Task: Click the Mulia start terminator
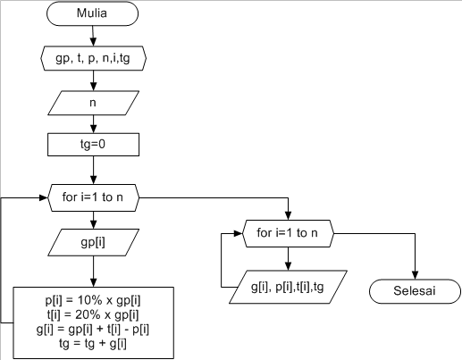(x=93, y=15)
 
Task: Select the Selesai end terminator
(x=415, y=291)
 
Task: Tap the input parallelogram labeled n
(x=93, y=103)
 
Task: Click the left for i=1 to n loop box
(x=93, y=195)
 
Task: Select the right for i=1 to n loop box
(x=288, y=233)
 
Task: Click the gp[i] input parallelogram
(x=93, y=241)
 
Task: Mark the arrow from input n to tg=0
(x=93, y=123)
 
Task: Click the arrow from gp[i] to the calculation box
(x=93, y=270)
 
